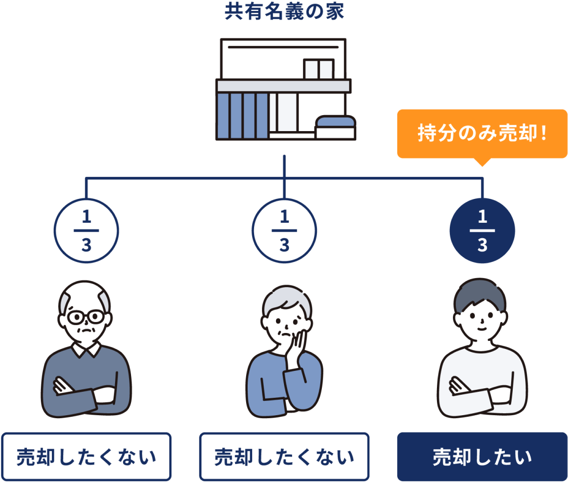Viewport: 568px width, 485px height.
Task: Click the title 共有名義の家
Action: [284, 12]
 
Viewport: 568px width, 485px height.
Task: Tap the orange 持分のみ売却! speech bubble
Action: [482, 133]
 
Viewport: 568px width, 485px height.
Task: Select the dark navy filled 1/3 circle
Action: [482, 231]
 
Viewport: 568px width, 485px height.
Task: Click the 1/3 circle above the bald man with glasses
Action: [86, 231]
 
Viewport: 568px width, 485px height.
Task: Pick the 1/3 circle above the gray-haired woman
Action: [284, 231]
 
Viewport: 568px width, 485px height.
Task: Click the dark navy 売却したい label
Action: [482, 457]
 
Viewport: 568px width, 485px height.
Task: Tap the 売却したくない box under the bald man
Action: [86, 457]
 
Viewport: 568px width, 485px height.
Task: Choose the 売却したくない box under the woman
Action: [284, 457]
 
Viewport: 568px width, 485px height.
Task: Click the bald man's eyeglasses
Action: [86, 317]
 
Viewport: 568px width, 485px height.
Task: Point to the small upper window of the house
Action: [318, 69]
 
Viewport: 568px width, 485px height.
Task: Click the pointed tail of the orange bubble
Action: [482, 162]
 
